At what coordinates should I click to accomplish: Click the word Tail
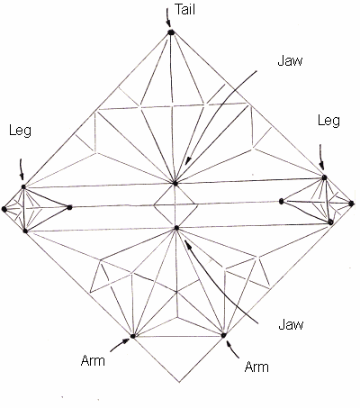pos(184,9)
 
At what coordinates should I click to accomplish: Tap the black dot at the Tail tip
pos(171,32)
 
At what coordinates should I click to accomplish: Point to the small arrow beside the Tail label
pos(167,18)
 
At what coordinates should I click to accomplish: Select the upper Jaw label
pos(290,60)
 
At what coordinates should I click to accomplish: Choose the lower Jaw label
pos(291,324)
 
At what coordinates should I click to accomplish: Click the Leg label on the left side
pos(20,131)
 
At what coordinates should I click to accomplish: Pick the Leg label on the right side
pos(328,121)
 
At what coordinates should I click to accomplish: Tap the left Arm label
pos(93,360)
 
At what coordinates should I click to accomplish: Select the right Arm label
pos(256,367)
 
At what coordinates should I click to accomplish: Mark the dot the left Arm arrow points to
pos(132,336)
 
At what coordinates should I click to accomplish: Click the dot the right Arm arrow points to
pos(223,335)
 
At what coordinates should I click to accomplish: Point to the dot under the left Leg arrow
pos(23,186)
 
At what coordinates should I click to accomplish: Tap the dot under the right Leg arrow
pos(324,177)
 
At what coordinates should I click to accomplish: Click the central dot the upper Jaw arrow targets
pos(175,183)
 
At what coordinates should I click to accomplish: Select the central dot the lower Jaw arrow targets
pos(176,228)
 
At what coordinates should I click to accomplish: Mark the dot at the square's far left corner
pos(4,209)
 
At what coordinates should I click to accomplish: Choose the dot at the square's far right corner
pos(351,204)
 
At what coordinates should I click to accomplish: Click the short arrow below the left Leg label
pos(21,169)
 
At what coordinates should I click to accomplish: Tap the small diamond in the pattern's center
pos(175,205)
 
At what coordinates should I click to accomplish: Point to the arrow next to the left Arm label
pos(120,344)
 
